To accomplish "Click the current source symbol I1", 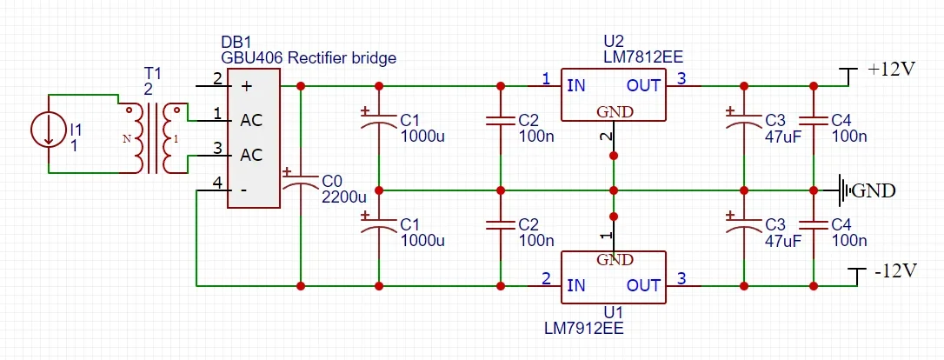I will click(50, 131).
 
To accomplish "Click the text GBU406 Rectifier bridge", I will click(309, 59).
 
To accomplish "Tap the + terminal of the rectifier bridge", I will click(246, 86).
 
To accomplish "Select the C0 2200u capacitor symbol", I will click(301, 183).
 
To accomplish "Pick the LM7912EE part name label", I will click(583, 328).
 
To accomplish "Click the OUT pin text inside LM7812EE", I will click(643, 85).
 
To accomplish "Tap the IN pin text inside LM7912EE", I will click(575, 285).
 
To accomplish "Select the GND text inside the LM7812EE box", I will click(614, 111).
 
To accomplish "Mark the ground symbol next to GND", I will click(843, 190).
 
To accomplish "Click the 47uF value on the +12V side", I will click(782, 136).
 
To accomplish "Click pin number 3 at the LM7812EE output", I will click(681, 79).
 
